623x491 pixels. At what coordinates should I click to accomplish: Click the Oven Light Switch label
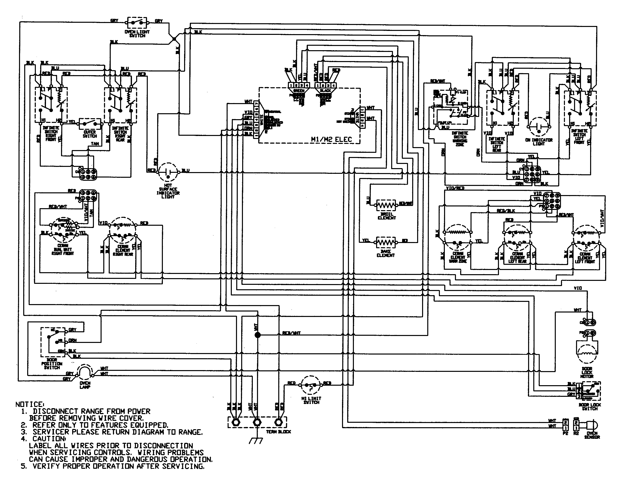tap(137, 34)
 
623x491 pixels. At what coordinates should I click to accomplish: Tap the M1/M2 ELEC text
tap(331, 140)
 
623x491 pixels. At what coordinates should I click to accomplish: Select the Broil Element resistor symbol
tap(386, 205)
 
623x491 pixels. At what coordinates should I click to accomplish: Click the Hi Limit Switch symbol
tap(311, 385)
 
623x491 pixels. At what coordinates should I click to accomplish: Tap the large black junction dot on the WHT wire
tap(258, 335)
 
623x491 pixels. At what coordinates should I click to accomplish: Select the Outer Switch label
tap(90, 134)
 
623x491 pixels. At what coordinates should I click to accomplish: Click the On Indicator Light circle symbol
tap(539, 127)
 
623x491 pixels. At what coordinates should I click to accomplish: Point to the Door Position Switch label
tap(52, 364)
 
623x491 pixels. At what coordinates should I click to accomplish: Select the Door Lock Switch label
tap(590, 406)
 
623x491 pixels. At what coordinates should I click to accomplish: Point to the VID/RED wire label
tap(455, 188)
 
